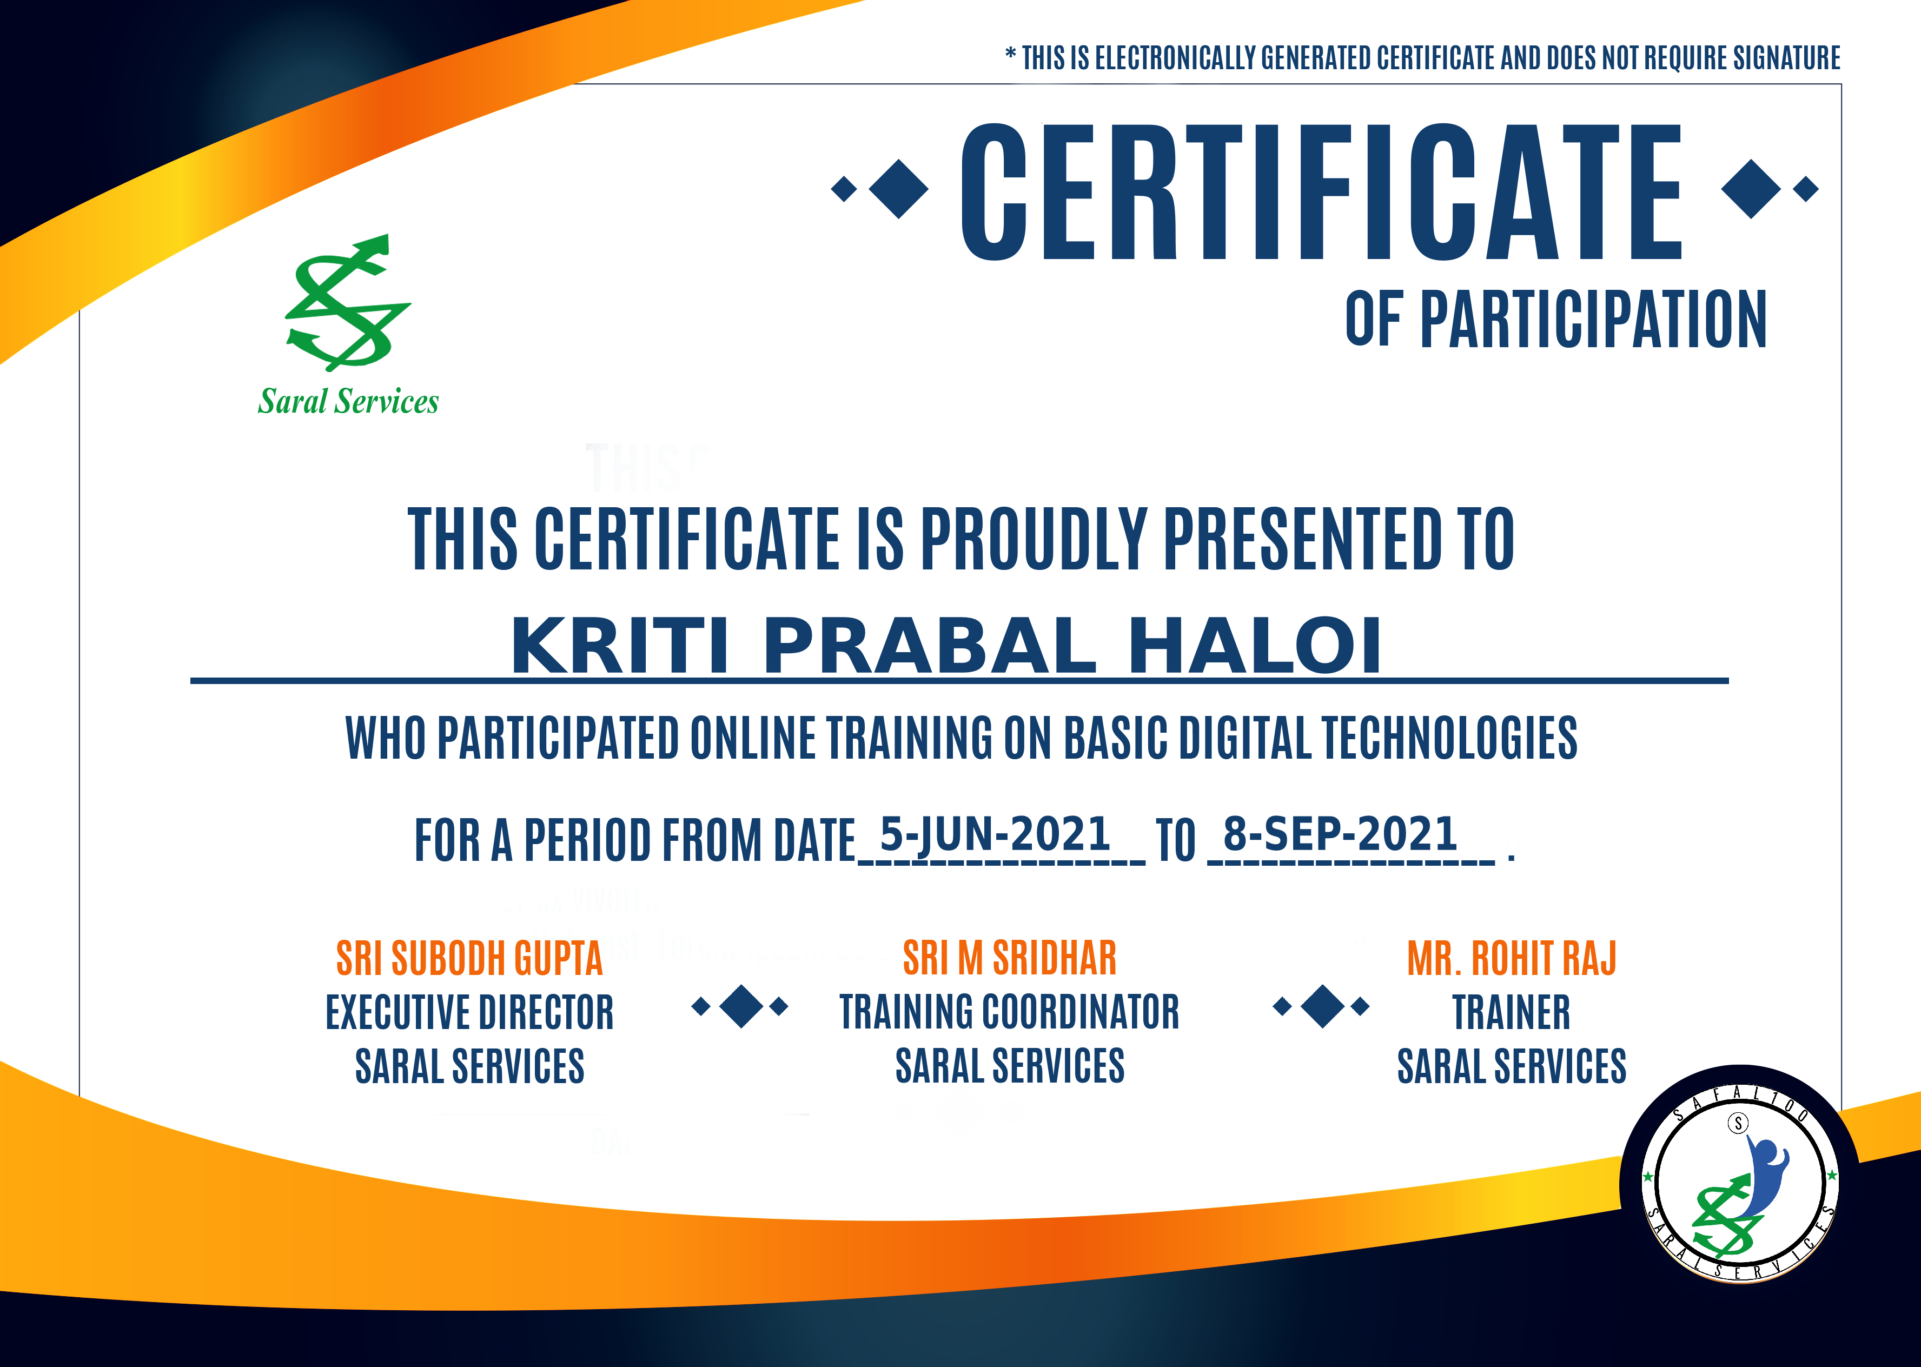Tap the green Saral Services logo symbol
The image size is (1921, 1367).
point(348,302)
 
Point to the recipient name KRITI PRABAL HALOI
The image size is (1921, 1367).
point(946,646)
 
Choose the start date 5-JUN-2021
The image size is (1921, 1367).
point(995,834)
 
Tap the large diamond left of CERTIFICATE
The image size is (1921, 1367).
point(899,189)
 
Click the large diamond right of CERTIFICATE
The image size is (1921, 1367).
point(1752,189)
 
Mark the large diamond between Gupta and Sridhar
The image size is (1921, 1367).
point(741,1006)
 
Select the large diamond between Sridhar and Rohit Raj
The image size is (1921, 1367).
point(1322,1006)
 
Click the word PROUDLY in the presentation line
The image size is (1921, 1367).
point(1034,539)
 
